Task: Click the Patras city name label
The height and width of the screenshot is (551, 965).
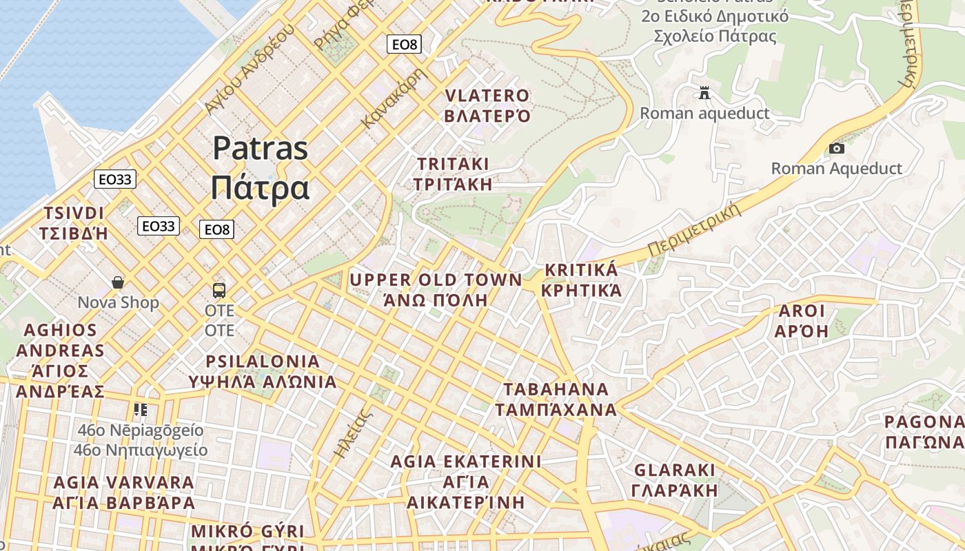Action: [260, 167]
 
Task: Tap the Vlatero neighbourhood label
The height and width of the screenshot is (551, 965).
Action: [487, 105]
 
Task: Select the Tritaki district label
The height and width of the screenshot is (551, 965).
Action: [453, 174]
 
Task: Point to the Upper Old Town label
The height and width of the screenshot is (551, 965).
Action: [436, 289]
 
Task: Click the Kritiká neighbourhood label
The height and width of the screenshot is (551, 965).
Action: [581, 280]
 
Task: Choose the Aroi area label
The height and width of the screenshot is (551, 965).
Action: [801, 321]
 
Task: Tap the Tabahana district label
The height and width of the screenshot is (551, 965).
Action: [556, 399]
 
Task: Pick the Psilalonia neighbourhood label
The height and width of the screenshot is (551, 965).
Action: [263, 371]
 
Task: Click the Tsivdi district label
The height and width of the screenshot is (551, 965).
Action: [74, 222]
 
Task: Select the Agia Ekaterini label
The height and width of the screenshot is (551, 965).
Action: [466, 481]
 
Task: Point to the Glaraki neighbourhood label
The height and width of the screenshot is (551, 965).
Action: [675, 480]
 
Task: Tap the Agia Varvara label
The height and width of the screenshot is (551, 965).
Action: [124, 492]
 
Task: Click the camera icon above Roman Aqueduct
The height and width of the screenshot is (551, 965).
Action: [836, 148]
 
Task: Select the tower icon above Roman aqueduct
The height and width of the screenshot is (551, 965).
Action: [704, 92]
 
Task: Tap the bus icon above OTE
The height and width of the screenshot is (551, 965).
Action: [219, 290]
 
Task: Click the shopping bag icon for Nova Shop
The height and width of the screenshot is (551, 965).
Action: [118, 282]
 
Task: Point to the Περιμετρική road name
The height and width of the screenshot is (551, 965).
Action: [695, 229]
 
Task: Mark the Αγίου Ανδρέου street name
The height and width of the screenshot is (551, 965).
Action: [249, 69]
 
